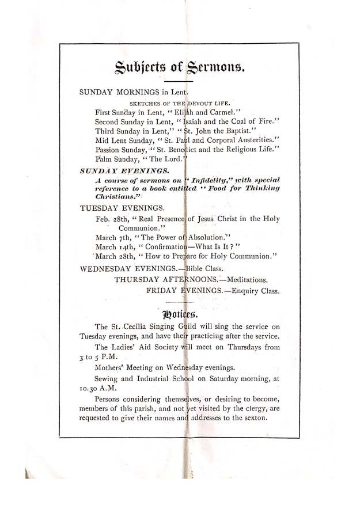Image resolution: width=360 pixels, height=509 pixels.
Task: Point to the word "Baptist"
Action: pos(236,132)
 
